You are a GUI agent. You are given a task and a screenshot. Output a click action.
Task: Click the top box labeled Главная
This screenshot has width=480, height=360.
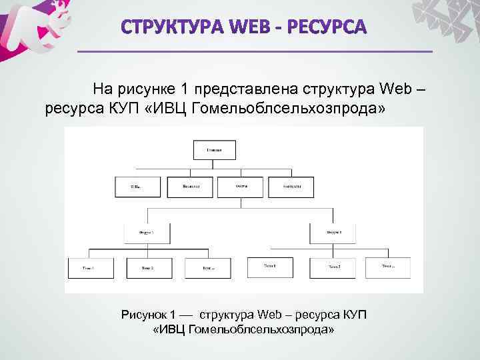(214, 150)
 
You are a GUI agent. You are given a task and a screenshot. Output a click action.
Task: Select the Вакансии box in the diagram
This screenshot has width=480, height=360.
(190, 187)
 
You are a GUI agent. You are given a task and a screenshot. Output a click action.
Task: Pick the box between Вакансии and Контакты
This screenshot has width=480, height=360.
(241, 187)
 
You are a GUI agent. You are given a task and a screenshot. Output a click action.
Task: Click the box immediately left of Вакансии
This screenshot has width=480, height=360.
(138, 187)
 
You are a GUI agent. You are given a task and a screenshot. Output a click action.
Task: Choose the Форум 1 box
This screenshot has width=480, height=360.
(147, 233)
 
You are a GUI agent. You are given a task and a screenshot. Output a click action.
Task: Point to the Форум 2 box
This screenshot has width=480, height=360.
(334, 233)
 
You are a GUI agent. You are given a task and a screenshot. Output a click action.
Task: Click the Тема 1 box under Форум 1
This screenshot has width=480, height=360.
(89, 268)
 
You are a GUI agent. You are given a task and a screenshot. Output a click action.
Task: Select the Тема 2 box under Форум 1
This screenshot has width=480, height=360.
(147, 268)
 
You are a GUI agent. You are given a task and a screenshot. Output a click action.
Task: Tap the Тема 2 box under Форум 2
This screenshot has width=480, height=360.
(334, 267)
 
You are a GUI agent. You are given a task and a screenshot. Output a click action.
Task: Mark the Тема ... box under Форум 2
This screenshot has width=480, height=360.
(387, 267)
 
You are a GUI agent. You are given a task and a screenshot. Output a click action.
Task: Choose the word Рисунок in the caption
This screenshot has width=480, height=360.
(144, 314)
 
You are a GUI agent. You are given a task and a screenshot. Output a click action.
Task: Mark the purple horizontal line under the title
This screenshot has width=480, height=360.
(255, 51)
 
